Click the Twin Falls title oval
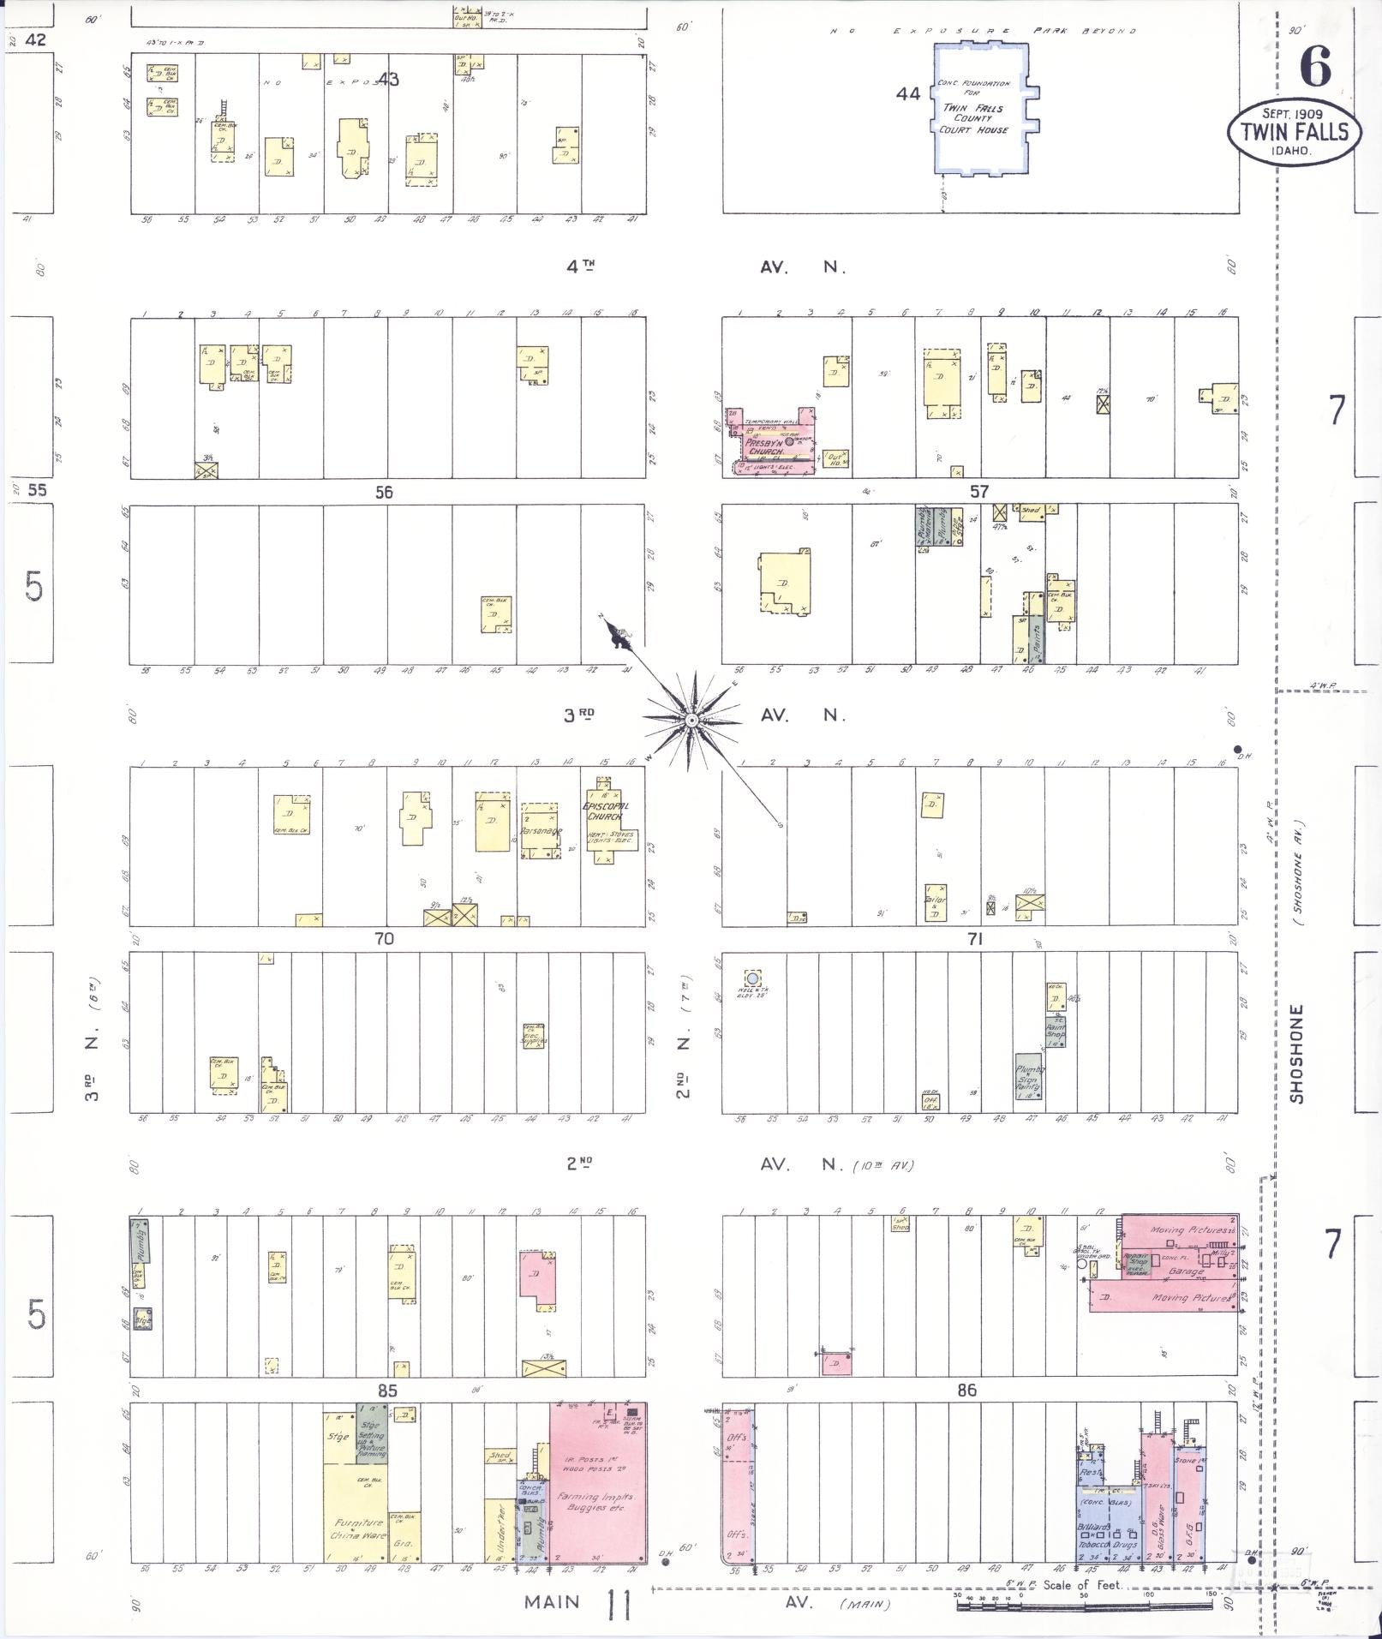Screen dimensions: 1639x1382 coord(1294,131)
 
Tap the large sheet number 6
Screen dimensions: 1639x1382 coord(1316,66)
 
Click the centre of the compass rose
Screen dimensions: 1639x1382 coord(691,721)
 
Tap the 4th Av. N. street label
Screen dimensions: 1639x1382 coord(580,266)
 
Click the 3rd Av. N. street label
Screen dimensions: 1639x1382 coord(579,715)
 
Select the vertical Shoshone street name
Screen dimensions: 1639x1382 coord(1296,1054)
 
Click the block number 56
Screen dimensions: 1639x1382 coord(383,493)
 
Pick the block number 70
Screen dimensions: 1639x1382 coord(383,939)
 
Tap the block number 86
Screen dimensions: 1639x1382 coord(966,1390)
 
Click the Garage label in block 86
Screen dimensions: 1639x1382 coord(1186,1271)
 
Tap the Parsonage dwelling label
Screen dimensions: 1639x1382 coord(541,831)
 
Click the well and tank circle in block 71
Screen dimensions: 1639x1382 coord(752,978)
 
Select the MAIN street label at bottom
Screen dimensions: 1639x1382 coord(552,1601)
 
